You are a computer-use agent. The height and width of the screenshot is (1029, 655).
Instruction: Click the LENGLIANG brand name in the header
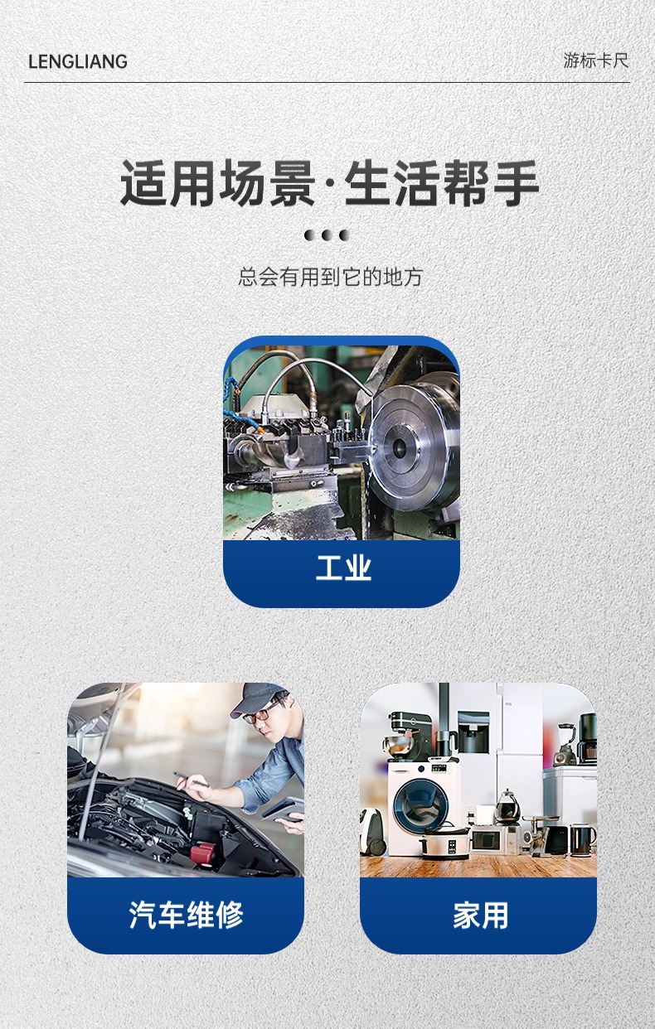click(x=77, y=61)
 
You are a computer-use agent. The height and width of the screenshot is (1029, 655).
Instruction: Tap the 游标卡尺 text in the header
click(x=595, y=60)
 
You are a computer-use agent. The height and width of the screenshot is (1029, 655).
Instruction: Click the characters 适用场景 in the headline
click(x=217, y=183)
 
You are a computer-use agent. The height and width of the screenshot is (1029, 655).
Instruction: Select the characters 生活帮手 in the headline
click(x=442, y=183)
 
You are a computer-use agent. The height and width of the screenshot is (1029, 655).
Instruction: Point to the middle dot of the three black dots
click(x=327, y=235)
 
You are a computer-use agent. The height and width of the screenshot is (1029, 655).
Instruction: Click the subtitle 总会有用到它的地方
click(x=330, y=277)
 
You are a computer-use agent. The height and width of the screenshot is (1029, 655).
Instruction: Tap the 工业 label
click(x=342, y=568)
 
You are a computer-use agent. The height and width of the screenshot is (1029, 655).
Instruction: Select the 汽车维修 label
click(x=186, y=915)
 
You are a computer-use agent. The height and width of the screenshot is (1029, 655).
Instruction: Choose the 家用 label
click(x=479, y=915)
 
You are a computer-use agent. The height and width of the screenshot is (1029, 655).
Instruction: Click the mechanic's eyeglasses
click(x=264, y=713)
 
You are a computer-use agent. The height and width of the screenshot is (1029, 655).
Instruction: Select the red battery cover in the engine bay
click(x=204, y=851)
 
